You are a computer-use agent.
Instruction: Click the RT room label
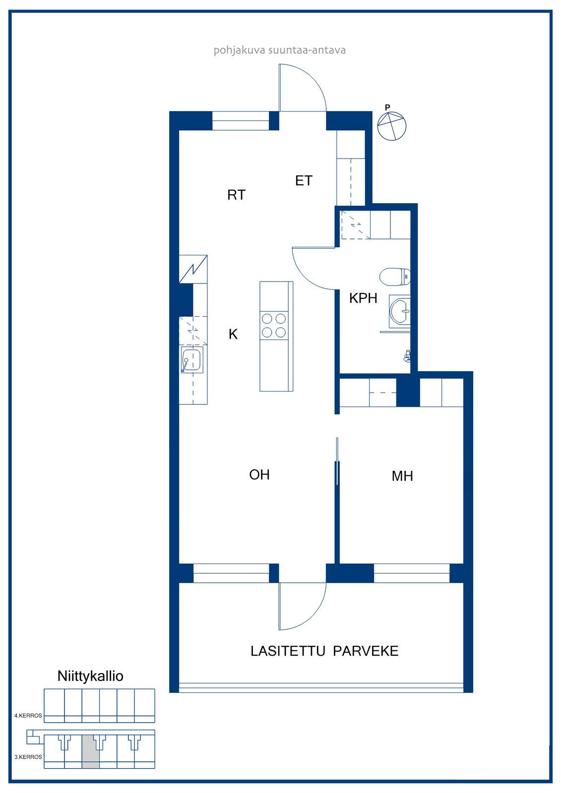point(237,195)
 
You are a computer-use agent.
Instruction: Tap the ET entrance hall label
point(304,180)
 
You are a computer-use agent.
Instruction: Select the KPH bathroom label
point(363,298)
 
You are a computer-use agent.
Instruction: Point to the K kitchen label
point(233,334)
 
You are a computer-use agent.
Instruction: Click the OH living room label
point(259,475)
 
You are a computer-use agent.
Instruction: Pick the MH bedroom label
point(402,476)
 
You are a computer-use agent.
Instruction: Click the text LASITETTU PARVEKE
point(324,651)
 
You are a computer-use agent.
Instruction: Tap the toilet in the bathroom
point(395,277)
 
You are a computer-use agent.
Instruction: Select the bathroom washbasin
point(400,311)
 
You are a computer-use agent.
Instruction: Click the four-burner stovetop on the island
point(274,326)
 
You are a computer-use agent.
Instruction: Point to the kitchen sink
point(192,360)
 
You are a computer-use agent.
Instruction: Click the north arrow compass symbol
point(391,124)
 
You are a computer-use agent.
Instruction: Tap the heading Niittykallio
point(90,676)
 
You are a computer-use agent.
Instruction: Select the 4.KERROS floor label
point(28,716)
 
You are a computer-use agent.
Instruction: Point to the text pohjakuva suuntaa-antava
point(280,50)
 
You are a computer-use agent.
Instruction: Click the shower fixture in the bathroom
point(408,356)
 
